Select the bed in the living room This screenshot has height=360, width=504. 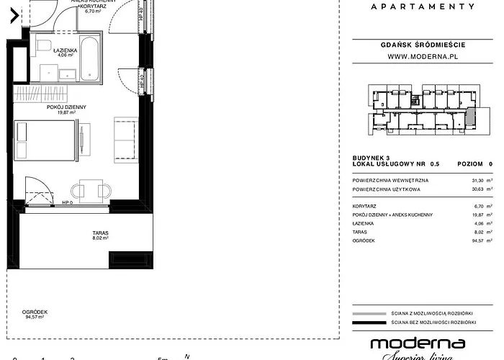tap(45, 139)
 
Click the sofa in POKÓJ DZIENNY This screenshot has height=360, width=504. tap(125, 138)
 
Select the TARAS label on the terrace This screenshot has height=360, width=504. tap(100, 233)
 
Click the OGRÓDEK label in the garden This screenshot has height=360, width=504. tap(32, 311)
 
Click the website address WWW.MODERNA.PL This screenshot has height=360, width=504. tap(425, 56)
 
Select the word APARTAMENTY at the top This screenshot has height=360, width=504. tap(422, 6)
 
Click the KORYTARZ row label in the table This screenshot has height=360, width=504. tap(366, 206)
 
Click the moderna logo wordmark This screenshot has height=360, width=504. tap(417, 344)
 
